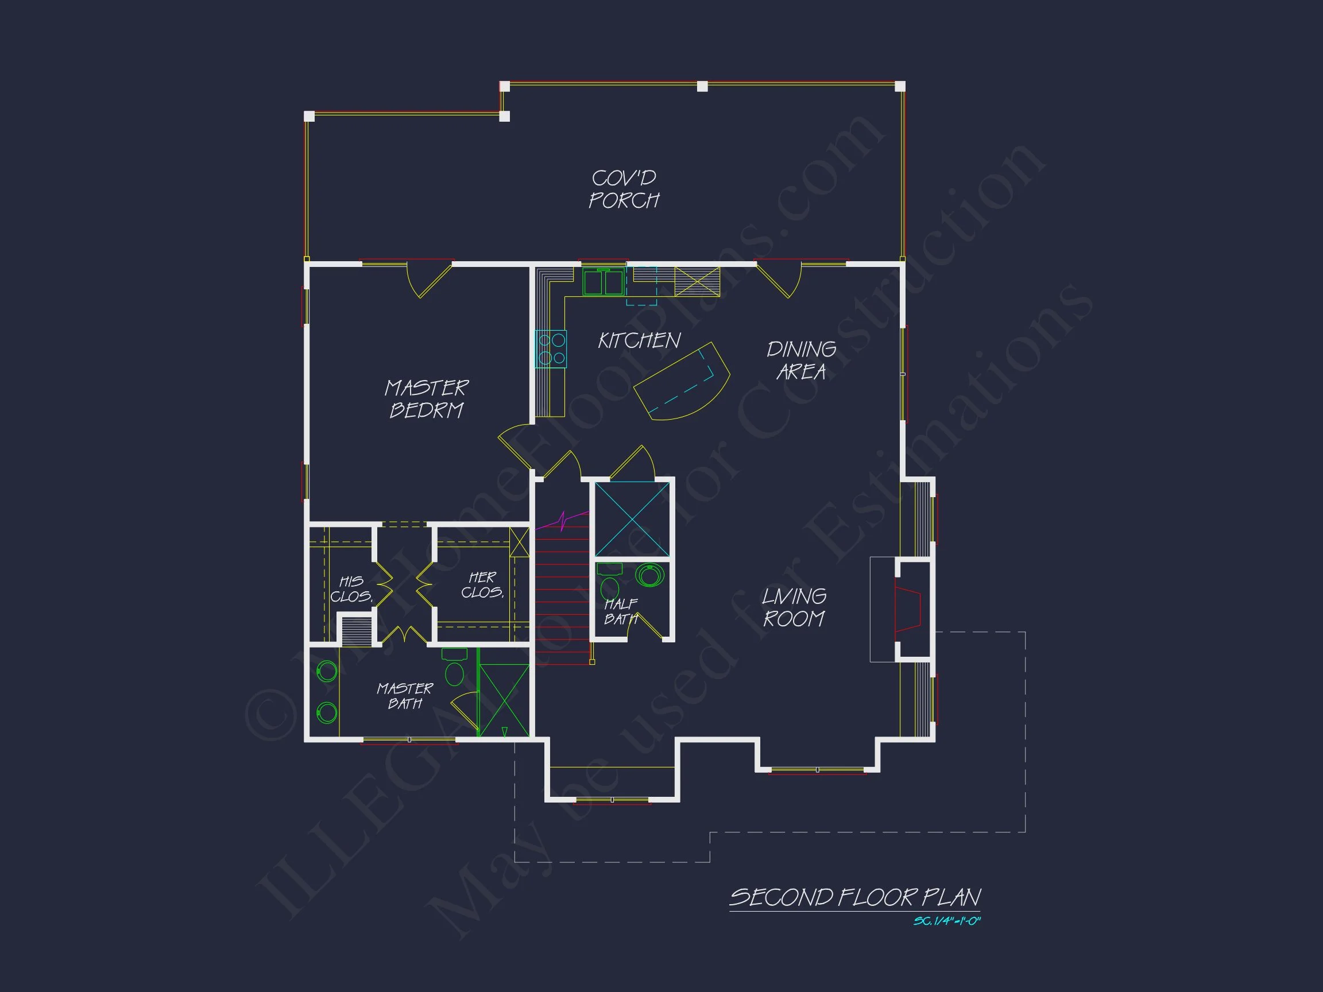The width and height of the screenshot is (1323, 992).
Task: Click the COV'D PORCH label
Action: point(624,189)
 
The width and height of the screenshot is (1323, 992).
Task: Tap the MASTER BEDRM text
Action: point(427,399)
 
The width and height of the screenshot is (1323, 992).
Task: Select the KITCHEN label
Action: point(639,341)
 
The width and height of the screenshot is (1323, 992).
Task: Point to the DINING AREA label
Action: point(802,361)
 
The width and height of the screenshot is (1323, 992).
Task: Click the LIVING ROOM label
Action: point(794,607)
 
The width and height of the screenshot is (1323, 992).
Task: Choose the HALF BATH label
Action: point(621,611)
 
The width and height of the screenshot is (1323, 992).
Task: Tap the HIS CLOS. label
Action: point(351,589)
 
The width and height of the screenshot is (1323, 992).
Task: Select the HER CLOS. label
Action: point(482,585)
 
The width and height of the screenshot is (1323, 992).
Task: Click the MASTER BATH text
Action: point(405,695)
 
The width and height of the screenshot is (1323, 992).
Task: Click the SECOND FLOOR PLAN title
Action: point(854,897)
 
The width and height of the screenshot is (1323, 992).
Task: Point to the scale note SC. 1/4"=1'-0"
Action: point(947,921)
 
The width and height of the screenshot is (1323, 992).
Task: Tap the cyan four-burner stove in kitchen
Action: point(551,349)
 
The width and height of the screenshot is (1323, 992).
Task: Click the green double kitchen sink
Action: point(604,282)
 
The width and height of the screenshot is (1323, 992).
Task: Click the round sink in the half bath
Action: point(649,575)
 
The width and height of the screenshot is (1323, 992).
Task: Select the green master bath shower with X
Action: point(504,700)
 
